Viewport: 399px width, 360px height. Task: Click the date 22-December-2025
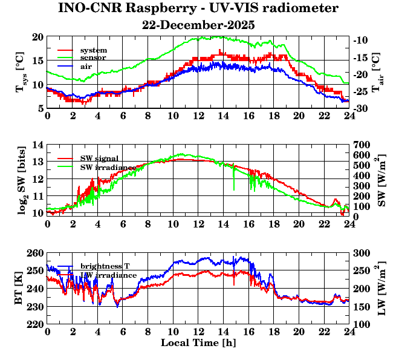[198, 25]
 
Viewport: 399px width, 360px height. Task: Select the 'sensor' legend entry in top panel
[93, 57]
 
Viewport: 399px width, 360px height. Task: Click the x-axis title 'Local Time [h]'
[198, 343]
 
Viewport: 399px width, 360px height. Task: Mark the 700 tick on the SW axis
[361, 145]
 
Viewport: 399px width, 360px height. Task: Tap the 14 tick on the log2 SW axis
[38, 145]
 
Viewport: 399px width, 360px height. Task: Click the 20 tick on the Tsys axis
[38, 37]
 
